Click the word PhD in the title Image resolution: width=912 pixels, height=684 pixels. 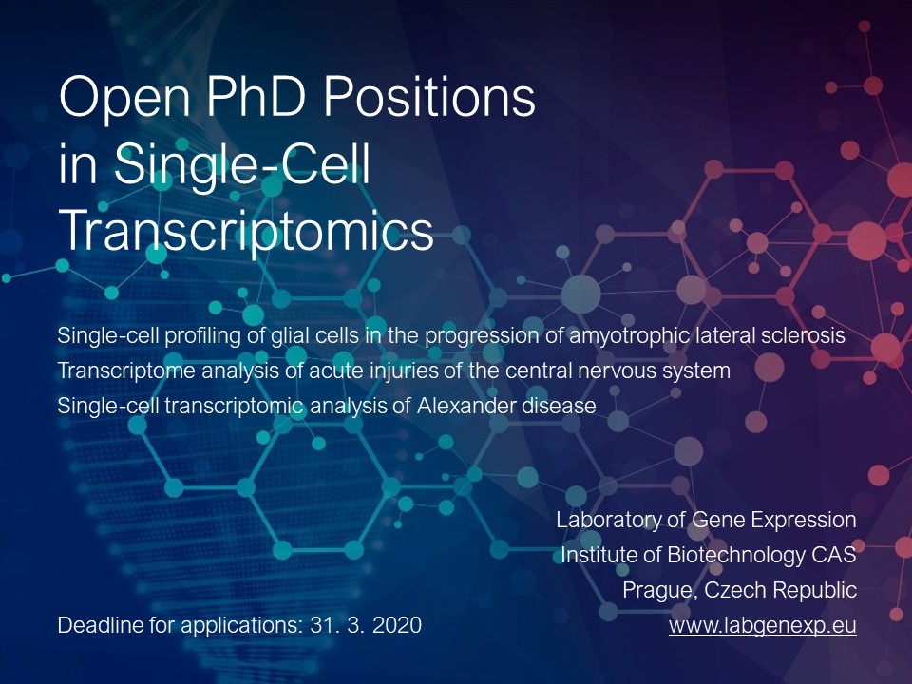(256, 96)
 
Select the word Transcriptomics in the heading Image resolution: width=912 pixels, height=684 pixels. (247, 231)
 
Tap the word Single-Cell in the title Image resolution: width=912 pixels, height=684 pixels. (242, 166)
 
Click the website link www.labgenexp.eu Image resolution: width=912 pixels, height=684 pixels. (763, 625)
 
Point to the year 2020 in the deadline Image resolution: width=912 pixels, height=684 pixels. (397, 625)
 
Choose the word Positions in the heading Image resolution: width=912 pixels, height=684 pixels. (429, 96)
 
